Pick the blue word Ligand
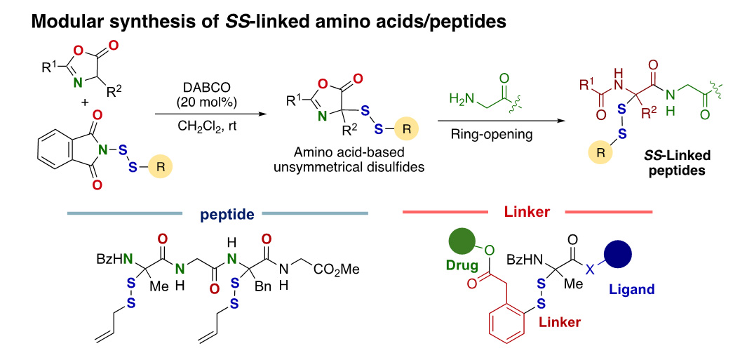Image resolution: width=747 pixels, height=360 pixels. tap(631, 289)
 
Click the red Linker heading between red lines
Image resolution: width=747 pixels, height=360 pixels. tap(527, 211)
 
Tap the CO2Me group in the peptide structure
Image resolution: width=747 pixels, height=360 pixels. tap(339, 270)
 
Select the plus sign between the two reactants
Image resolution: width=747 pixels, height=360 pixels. tap(85, 102)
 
